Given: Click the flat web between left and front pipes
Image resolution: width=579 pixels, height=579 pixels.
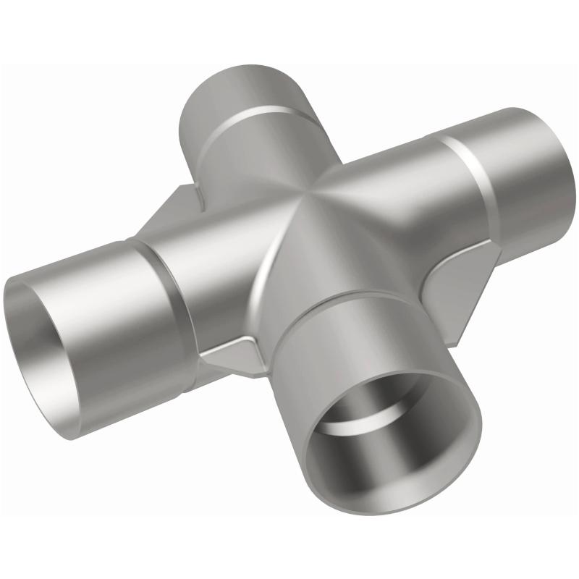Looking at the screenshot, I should (232, 358).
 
